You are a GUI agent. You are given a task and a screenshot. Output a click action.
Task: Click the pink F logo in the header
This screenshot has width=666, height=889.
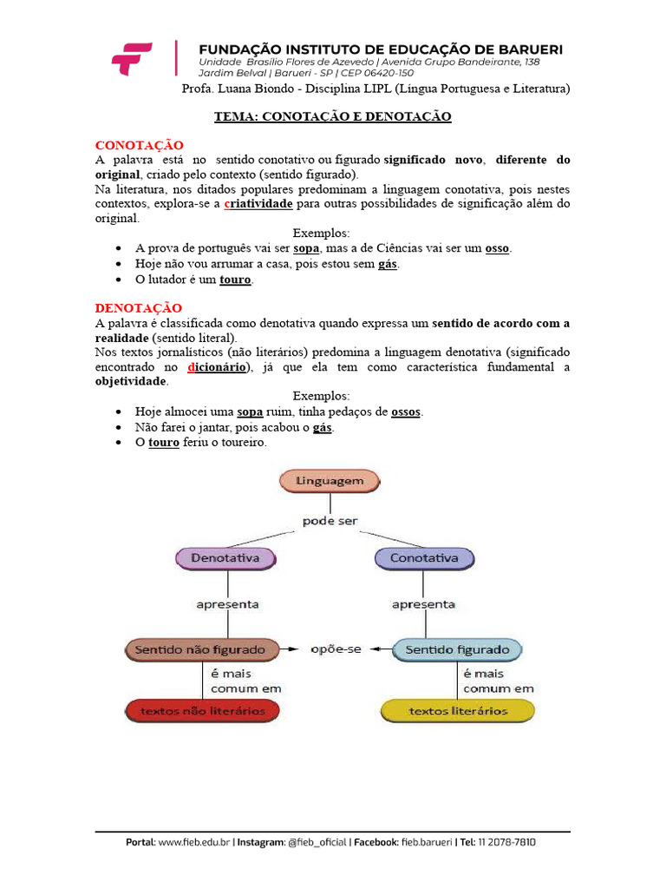click(132, 58)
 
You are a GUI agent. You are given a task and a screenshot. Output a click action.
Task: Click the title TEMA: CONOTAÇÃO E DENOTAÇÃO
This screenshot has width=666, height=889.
click(333, 116)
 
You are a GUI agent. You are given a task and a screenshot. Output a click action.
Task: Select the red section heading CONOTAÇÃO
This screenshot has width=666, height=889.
click(139, 145)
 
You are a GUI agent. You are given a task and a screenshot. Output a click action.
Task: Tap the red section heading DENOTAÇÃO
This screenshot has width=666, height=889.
click(139, 308)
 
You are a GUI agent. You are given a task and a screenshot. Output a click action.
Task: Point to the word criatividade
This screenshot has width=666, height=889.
click(258, 203)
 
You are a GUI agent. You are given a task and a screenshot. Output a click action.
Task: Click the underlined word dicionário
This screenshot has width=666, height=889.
click(218, 367)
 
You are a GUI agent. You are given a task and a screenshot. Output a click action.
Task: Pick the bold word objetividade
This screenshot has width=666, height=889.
click(129, 381)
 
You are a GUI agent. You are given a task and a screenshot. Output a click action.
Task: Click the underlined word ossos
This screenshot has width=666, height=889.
click(407, 412)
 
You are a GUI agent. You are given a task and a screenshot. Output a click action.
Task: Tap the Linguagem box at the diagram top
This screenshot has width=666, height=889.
click(329, 480)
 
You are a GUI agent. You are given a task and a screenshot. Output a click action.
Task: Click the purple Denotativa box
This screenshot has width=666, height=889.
click(225, 558)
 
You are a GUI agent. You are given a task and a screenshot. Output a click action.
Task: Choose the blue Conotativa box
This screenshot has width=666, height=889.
click(424, 558)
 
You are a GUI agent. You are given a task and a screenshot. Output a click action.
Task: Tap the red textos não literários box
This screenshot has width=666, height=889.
click(202, 711)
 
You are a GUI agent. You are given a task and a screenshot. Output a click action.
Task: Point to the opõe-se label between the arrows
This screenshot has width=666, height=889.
click(336, 649)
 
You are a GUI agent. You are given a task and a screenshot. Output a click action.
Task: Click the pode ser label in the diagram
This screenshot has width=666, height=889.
click(330, 521)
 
